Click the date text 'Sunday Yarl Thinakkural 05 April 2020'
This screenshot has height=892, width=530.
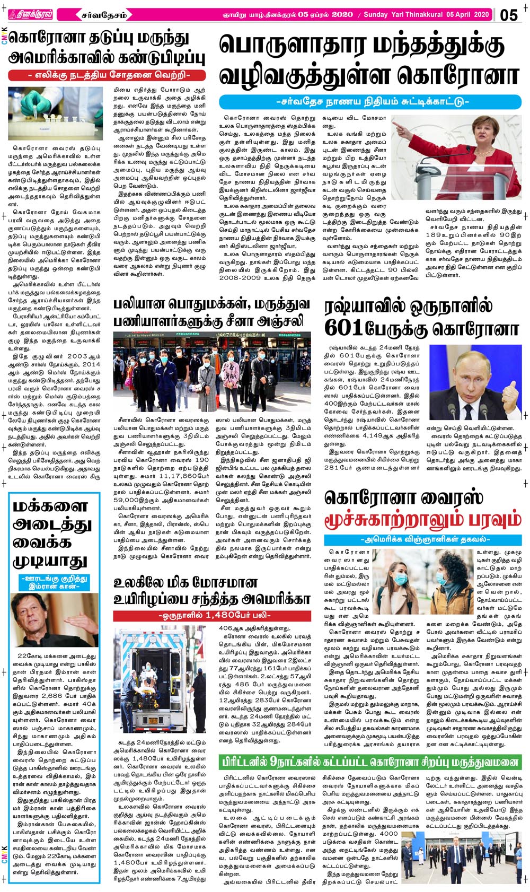pyautogui.click(x=426, y=15)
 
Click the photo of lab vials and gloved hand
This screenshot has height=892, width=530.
pyautogui.click(x=55, y=114)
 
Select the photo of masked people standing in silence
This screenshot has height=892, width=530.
pyautogui.click(x=212, y=373)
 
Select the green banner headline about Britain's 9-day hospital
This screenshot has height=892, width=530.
pyautogui.click(x=370, y=763)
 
